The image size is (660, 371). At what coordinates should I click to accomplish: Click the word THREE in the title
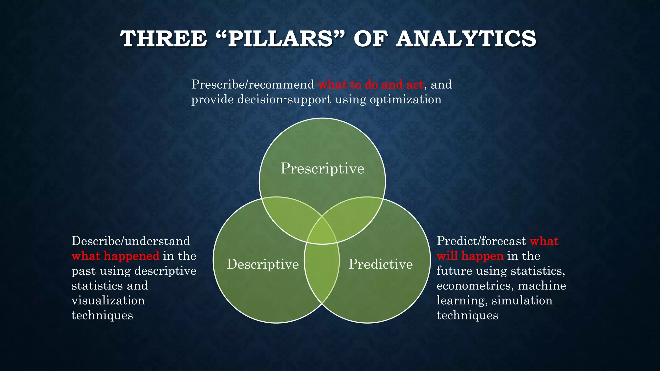pos(163,39)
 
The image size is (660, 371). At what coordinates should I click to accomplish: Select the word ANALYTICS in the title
pos(466,39)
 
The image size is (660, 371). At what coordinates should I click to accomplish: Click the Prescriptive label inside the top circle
pos(322,168)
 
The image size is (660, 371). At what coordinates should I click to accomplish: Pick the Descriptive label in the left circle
pos(263,264)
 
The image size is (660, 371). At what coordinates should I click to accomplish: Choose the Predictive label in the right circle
pos(381,264)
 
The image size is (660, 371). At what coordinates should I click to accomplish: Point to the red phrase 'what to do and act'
pos(371,85)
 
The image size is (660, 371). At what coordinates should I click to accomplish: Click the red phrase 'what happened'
pos(115,256)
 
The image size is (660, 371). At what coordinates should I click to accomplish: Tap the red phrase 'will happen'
pos(470,256)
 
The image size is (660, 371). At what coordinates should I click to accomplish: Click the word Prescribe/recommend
pos(253,85)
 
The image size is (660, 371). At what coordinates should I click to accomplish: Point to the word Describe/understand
pos(131,241)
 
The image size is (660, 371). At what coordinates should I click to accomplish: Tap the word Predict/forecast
pos(481,241)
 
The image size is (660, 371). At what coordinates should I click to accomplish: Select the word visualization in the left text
pos(108,300)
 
